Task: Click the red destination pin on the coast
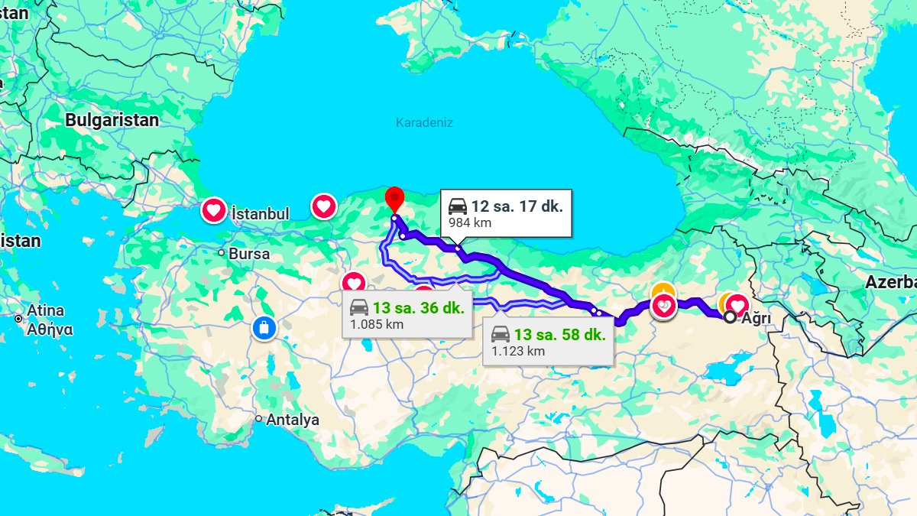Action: [x=394, y=198]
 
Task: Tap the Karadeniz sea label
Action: [x=424, y=122]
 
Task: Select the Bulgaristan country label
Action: [x=112, y=120]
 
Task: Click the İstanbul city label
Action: [x=260, y=214]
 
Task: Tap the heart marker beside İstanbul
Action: [x=214, y=209]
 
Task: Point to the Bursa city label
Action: [x=249, y=253]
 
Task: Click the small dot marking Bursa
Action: [x=221, y=252]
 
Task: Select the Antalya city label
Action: [x=293, y=420]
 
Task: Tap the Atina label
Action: [x=45, y=311]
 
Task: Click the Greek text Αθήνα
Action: [x=50, y=330]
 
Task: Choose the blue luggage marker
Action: [x=264, y=329]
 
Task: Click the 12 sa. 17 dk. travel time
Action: [x=517, y=206]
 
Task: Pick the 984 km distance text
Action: [x=470, y=223]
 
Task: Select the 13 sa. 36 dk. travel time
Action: [x=418, y=308]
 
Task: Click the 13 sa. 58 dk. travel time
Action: [x=559, y=334]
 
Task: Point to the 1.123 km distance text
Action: [x=518, y=351]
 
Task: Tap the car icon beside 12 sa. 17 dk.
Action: [x=458, y=206]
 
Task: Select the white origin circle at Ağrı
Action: [x=731, y=317]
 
